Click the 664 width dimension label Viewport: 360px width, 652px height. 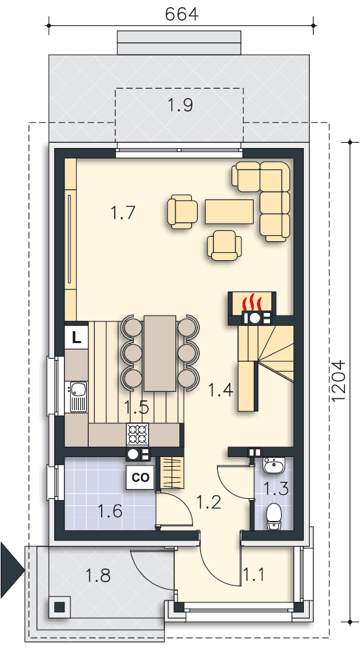coord(182,14)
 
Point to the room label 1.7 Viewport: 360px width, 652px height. coord(123,213)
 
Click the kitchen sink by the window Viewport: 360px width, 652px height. coord(78,396)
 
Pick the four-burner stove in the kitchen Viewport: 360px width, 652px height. coord(137,434)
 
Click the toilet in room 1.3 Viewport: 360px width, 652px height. coord(274,515)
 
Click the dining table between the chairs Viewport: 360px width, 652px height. coord(160,353)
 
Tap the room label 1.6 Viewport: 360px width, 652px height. coord(110,511)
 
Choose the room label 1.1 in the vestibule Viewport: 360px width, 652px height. coord(253,575)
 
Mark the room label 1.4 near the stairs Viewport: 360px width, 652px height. coord(220,390)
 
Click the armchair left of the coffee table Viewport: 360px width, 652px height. coord(182,211)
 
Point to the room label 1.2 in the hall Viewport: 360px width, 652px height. coord(209,502)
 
